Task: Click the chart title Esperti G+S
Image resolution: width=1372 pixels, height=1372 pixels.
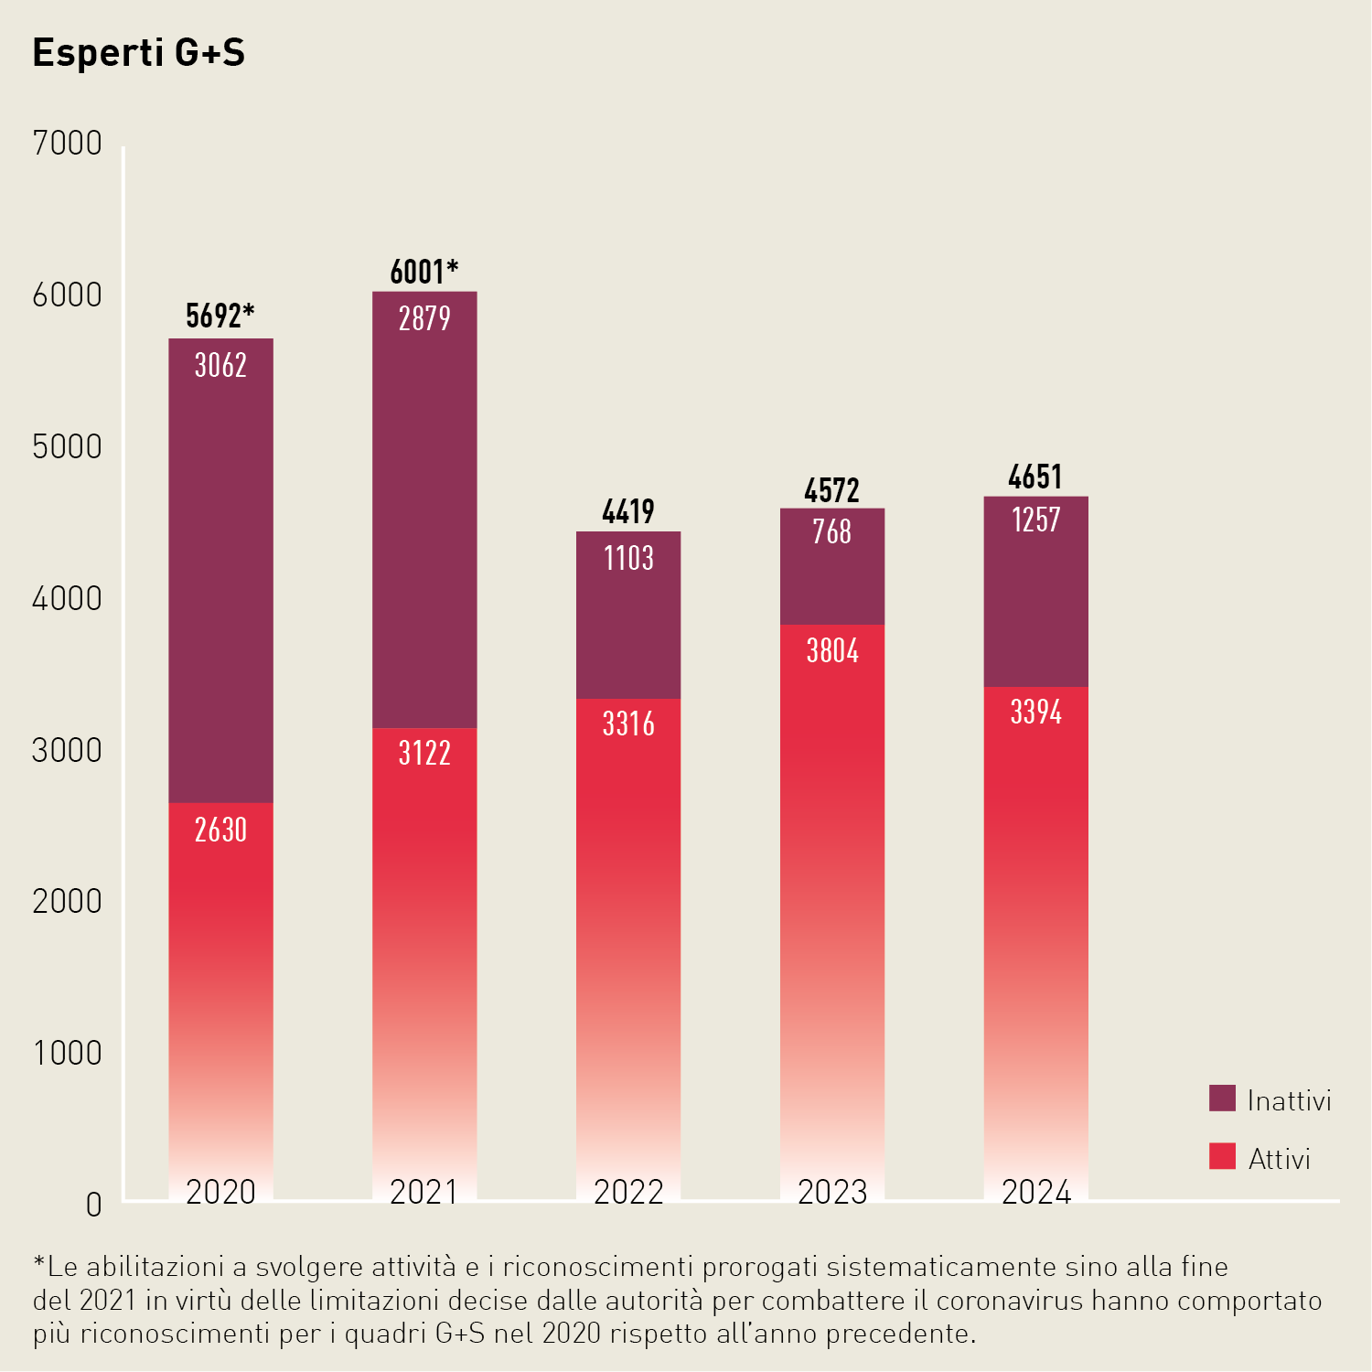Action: (x=139, y=53)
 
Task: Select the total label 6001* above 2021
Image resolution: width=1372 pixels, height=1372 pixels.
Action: (x=423, y=272)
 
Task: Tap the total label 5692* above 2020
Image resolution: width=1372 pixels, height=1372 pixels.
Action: (x=220, y=316)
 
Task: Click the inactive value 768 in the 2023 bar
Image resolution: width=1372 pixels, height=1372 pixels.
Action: (x=831, y=531)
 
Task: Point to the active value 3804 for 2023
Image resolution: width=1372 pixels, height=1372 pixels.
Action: (x=831, y=651)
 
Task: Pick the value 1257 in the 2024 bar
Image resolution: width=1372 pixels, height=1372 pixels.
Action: (x=1035, y=520)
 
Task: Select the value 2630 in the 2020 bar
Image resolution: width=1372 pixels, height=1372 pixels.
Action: (x=220, y=831)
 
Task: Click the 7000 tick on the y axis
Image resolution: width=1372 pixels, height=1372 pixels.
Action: (x=67, y=144)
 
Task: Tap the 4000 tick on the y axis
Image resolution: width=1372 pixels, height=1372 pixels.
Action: (x=67, y=599)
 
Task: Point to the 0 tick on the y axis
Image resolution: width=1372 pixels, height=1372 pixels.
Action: (x=93, y=1205)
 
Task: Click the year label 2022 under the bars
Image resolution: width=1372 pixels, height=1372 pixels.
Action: (x=628, y=1192)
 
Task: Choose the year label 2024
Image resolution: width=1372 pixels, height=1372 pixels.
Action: (x=1035, y=1192)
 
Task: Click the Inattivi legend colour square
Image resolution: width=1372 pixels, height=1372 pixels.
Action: (x=1222, y=1099)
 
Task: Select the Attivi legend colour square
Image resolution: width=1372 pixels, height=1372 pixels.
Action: (x=1222, y=1157)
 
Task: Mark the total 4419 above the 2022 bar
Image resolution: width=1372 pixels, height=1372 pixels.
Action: (x=628, y=511)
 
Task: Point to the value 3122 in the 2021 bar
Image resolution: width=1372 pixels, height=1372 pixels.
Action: (x=424, y=754)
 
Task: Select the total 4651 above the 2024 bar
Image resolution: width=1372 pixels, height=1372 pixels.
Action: (x=1035, y=477)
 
